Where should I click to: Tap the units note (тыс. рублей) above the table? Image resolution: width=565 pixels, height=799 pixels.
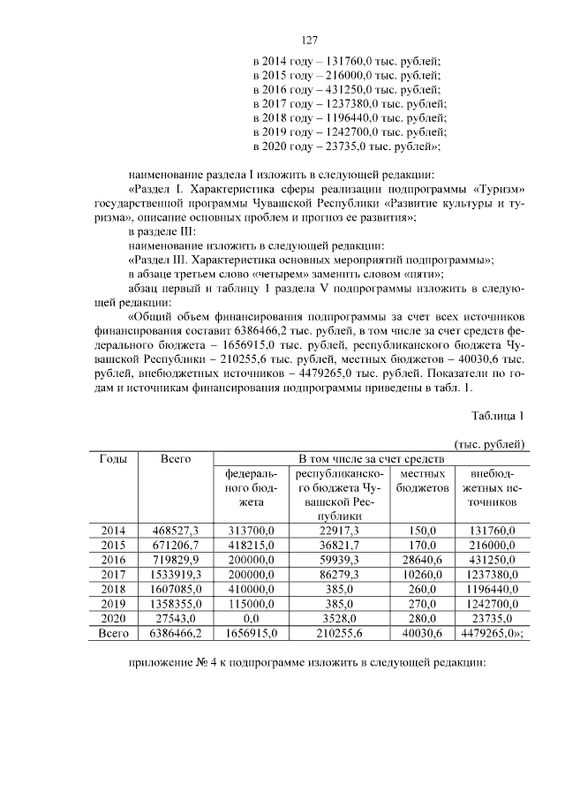[490, 443]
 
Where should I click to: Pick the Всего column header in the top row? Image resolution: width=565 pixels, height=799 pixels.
[176, 459]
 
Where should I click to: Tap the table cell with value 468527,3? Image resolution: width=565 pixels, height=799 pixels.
[176, 531]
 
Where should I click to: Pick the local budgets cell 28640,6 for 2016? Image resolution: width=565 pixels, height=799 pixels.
[421, 559]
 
